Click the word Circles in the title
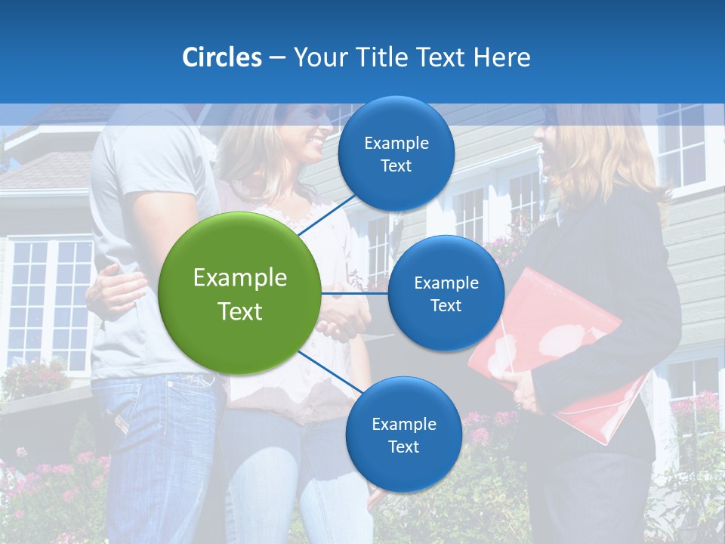(x=221, y=57)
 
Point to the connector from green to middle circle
(x=354, y=293)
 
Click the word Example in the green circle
(x=239, y=278)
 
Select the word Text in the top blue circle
(x=396, y=166)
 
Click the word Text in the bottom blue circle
(x=403, y=447)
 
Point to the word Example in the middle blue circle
(x=446, y=283)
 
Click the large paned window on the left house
(x=49, y=302)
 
